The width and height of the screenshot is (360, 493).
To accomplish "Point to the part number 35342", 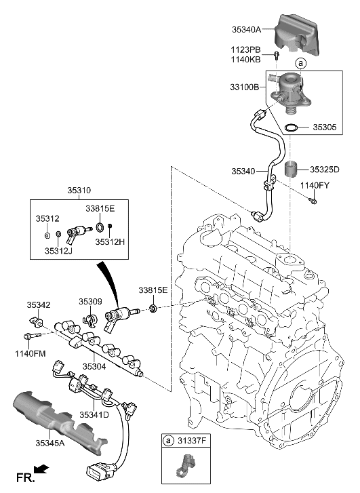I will [39, 305].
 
